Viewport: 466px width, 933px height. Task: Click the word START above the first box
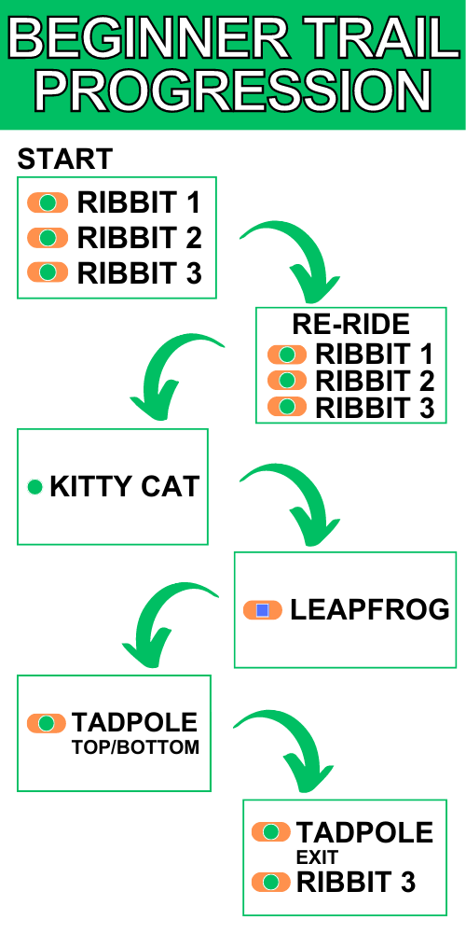point(65,159)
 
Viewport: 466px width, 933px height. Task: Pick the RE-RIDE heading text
point(350,324)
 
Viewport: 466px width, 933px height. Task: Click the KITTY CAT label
point(124,487)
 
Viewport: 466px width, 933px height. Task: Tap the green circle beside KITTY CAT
point(35,487)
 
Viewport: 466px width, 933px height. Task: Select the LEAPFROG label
point(370,610)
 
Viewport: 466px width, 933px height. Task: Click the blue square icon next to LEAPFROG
point(262,610)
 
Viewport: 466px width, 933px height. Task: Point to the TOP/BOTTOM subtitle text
point(135,747)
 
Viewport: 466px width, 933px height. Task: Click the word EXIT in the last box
point(318,856)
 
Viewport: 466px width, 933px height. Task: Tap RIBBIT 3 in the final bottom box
point(356,883)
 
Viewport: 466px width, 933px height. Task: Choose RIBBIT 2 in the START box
point(140,238)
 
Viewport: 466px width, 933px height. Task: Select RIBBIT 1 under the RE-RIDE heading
point(375,355)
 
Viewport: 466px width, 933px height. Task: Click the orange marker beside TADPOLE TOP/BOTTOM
point(47,724)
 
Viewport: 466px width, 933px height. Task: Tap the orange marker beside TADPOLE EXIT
point(271,832)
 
